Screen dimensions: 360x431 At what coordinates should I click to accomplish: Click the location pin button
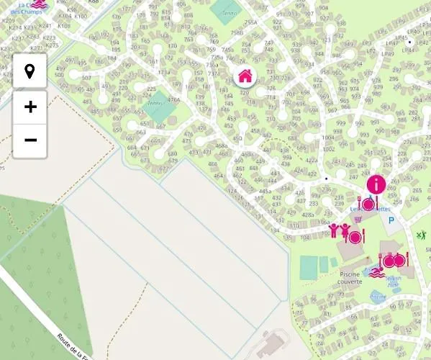[30, 71]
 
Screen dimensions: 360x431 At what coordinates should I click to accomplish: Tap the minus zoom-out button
[30, 139]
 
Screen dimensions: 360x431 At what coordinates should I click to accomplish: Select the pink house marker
[245, 75]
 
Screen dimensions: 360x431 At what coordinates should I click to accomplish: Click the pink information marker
[376, 184]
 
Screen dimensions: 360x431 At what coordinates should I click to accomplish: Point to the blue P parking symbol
[391, 221]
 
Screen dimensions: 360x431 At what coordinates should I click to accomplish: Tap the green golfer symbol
[422, 235]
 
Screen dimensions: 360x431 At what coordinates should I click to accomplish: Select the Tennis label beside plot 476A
[155, 104]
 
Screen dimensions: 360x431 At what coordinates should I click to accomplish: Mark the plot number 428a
[307, 215]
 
